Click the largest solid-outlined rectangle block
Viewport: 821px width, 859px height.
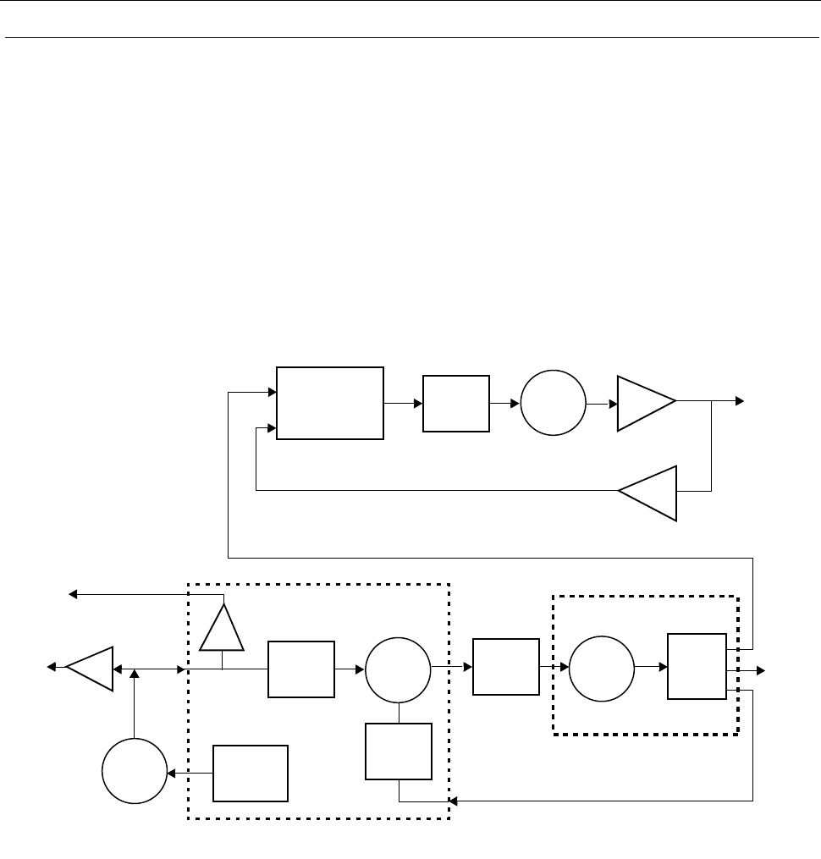click(x=330, y=403)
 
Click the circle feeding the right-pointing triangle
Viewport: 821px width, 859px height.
click(x=553, y=404)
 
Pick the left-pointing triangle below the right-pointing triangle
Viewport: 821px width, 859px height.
click(x=649, y=493)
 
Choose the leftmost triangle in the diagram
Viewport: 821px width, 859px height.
click(x=91, y=668)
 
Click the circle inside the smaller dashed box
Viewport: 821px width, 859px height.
click(x=600, y=668)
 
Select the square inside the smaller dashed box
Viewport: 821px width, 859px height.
click(x=697, y=666)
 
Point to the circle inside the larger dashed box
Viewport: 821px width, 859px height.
click(x=398, y=668)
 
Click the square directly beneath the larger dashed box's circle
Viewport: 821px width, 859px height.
click(x=398, y=752)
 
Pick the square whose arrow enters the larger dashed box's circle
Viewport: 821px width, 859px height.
click(x=300, y=669)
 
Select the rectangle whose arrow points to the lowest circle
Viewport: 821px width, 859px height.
click(x=250, y=774)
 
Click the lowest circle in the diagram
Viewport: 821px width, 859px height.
click(x=134, y=771)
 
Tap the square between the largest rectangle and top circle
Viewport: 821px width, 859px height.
click(x=456, y=404)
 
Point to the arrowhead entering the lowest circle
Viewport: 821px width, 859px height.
click(x=171, y=774)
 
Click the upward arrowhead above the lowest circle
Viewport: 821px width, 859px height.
click(x=134, y=674)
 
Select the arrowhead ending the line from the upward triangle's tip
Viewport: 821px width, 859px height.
click(x=73, y=595)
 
